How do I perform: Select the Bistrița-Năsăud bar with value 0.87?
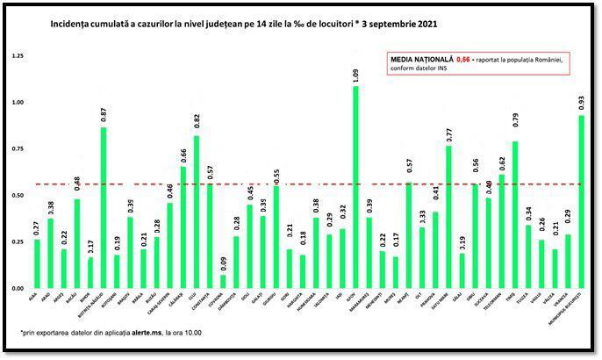(104, 207)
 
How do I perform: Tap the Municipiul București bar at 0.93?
(581, 202)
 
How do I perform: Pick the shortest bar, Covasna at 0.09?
(223, 281)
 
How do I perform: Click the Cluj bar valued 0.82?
(196, 212)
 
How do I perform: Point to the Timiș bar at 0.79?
(515, 214)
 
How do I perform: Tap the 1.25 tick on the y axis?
(17, 56)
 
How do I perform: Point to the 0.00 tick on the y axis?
(17, 288)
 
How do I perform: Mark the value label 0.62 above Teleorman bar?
(502, 162)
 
